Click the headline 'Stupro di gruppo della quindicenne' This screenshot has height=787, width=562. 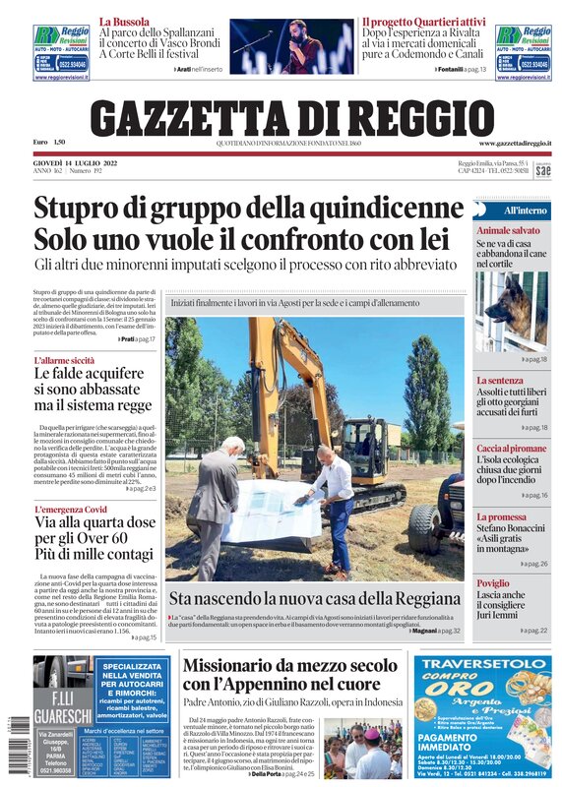[248, 210]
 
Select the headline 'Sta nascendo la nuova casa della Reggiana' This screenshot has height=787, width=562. [315, 597]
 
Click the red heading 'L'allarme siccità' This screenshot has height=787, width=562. [64, 361]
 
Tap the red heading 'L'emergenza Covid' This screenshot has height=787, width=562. [70, 509]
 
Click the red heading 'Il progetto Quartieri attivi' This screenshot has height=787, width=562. [423, 21]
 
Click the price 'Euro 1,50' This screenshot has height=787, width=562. [52, 143]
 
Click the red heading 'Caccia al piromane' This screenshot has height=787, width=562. [511, 448]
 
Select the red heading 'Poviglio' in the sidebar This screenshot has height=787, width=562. [493, 583]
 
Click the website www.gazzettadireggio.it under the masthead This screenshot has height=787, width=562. [515, 144]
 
